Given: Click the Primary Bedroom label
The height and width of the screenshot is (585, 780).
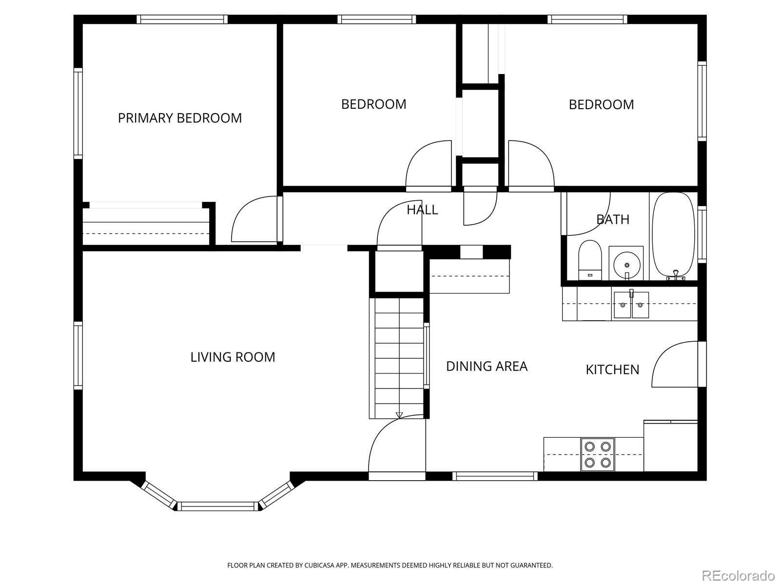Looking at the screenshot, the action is coord(180,118).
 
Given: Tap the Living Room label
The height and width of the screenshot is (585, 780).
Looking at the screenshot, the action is coord(233,357).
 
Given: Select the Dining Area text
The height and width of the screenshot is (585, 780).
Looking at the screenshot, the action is coord(487,366).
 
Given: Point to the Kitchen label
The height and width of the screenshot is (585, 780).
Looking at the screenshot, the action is coord(612,370).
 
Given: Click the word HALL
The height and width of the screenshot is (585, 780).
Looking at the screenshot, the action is coord(422,210).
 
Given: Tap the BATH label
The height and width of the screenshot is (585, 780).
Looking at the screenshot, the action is coord(613,219).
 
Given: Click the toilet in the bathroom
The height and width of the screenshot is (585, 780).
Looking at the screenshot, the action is coord(590,260).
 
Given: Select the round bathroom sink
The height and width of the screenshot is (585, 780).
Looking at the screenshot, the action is coord(627,265).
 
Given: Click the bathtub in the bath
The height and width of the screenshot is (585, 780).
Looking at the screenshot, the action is coord(673,236).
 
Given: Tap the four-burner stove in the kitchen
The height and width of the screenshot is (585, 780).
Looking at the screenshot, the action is coord(597,455).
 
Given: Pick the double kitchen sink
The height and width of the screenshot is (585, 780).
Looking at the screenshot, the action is coord(631,305).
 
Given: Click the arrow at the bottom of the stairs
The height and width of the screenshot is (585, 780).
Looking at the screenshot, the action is coord(399,415).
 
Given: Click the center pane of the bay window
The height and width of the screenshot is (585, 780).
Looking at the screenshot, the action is coord(218,506).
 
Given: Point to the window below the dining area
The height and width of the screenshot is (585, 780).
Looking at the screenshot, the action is coord(495,476).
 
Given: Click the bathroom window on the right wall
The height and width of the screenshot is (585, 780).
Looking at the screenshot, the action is coord(702,234).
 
